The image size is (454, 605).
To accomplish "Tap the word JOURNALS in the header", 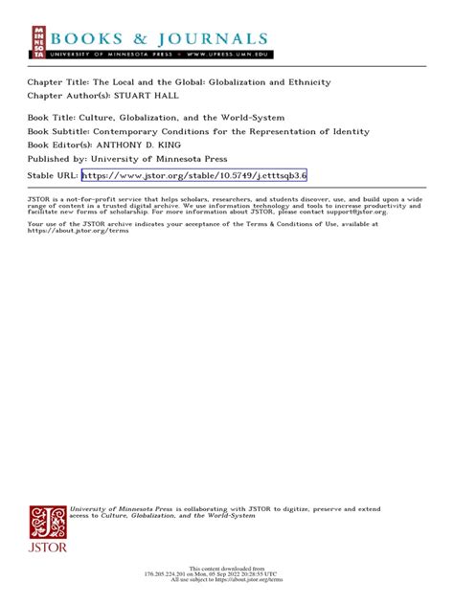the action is pyautogui.click(x=216, y=38).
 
